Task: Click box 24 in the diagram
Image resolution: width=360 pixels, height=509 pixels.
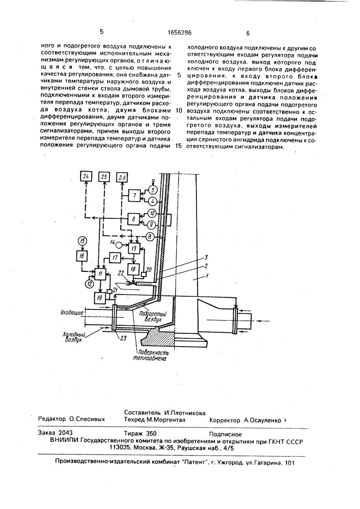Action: point(86,177)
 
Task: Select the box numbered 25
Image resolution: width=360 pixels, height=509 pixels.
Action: point(104,177)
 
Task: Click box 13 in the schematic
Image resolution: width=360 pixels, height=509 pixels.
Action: point(134,248)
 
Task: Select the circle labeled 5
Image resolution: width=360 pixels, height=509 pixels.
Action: point(152,191)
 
